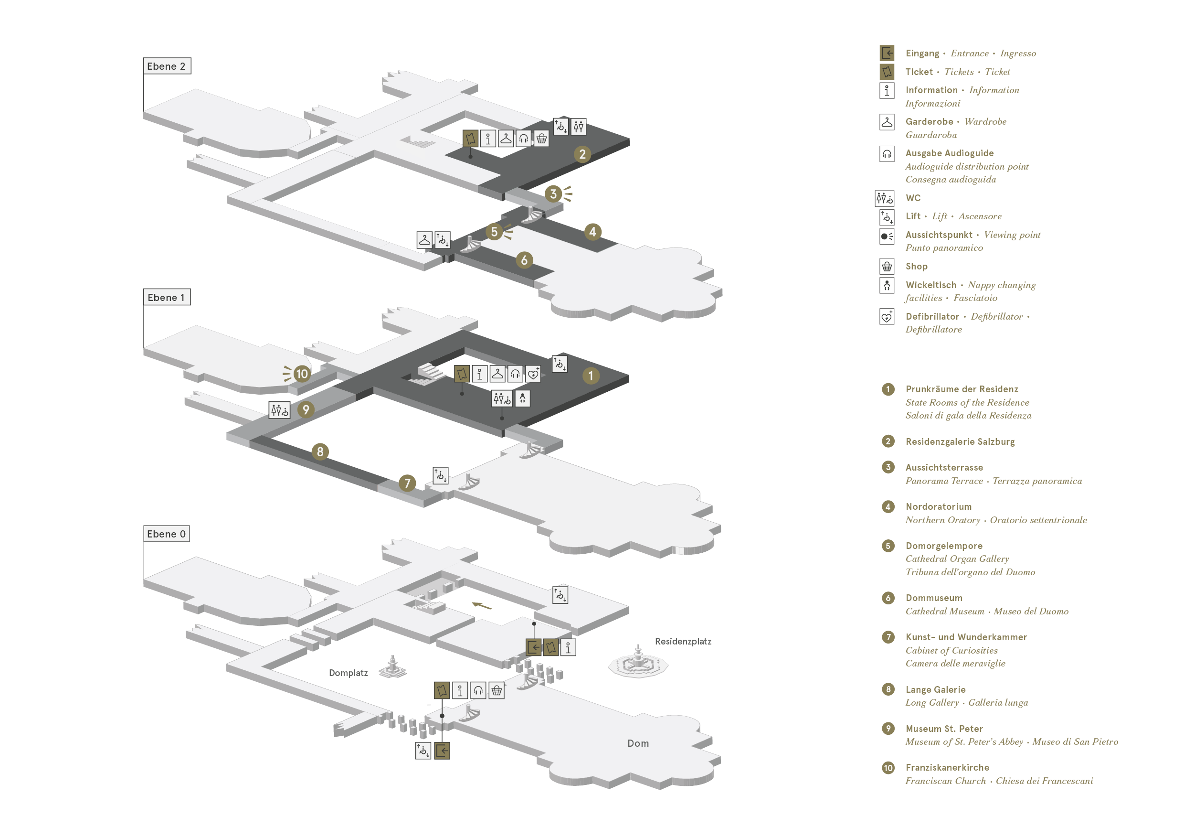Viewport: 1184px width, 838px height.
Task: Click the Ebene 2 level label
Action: tap(167, 66)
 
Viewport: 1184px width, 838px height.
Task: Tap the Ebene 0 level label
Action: tap(166, 534)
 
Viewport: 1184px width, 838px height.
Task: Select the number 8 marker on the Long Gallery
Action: tap(320, 452)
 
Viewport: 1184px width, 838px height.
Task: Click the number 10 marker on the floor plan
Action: tap(302, 374)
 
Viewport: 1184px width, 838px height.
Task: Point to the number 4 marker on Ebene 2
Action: tap(592, 232)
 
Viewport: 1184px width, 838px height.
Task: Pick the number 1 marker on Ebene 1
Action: tap(591, 376)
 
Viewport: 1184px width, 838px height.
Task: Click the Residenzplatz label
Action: tap(683, 642)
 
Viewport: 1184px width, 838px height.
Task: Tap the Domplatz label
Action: tap(349, 673)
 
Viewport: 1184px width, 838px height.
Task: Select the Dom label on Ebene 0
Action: tap(638, 743)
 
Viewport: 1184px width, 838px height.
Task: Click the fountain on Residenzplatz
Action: tap(638, 662)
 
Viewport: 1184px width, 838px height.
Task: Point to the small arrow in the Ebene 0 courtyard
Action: tap(482, 606)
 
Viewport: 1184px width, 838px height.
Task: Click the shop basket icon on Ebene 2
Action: tap(541, 138)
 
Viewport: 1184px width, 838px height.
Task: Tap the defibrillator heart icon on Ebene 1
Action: tap(533, 374)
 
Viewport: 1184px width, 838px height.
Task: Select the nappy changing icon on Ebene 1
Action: tap(522, 398)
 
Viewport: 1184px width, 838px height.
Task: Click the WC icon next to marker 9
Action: tap(279, 410)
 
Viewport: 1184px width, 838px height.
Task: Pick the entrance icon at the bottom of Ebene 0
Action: tap(443, 751)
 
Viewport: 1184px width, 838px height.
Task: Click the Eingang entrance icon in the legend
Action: tap(887, 53)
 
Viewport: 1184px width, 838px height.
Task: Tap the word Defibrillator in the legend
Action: tap(932, 316)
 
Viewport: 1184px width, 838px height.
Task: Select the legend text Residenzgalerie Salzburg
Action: tap(960, 442)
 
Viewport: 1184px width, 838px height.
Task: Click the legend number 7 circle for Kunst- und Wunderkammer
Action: tap(888, 637)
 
